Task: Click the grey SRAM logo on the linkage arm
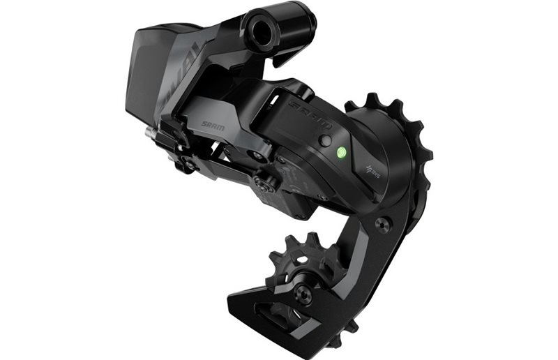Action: pyautogui.click(x=213, y=126)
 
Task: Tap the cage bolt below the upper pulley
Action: pyautogui.click(x=380, y=225)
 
